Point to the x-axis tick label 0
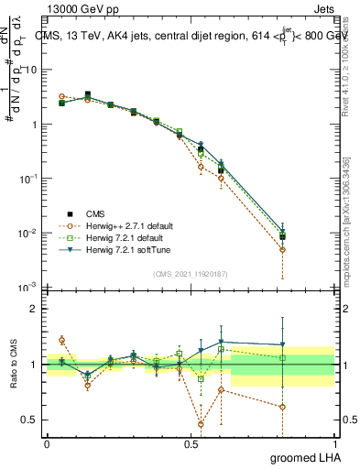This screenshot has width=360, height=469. [x=48, y=442]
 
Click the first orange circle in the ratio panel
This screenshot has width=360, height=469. [x=62, y=340]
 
